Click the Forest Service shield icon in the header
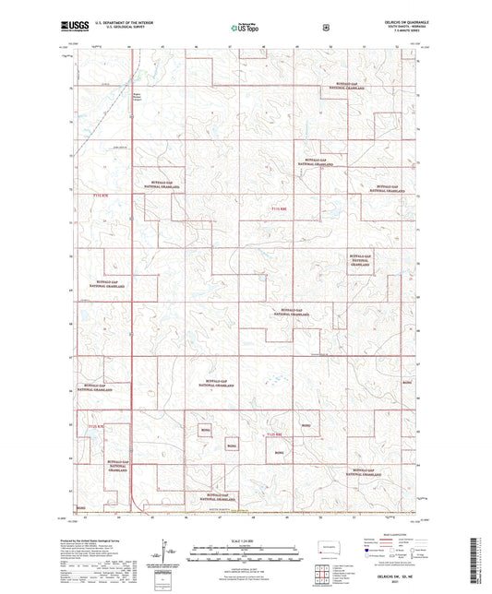pos(326,28)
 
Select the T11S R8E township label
pos(282,211)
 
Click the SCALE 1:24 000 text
pos(246,540)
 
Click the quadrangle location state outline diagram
pos(327,550)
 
